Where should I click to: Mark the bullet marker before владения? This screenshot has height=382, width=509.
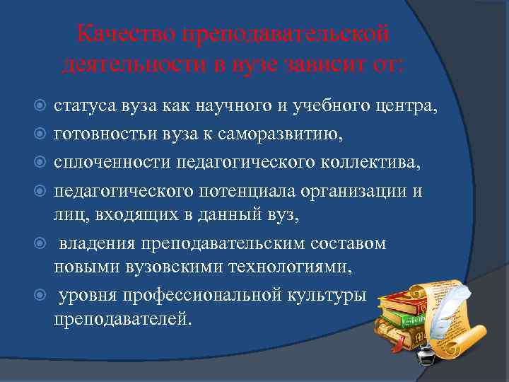click(x=40, y=244)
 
